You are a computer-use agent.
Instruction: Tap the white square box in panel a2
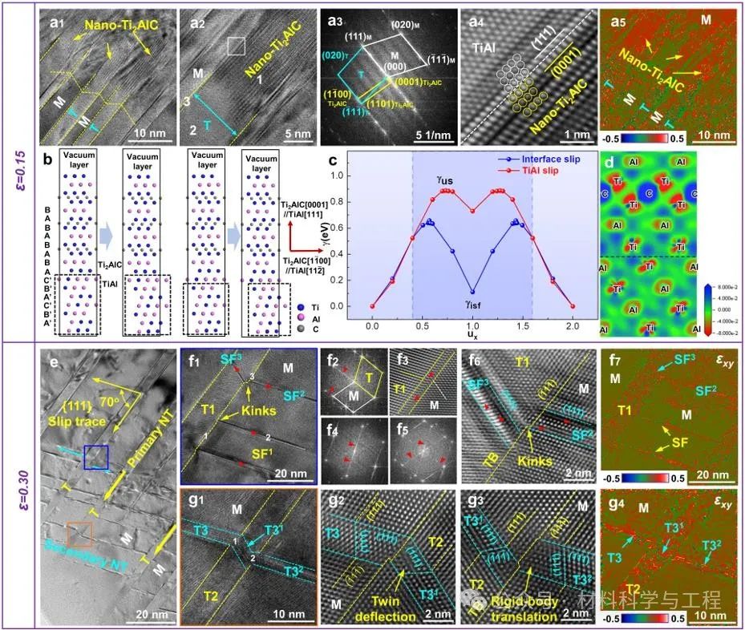point(236,46)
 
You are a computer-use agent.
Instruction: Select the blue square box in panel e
point(97,458)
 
